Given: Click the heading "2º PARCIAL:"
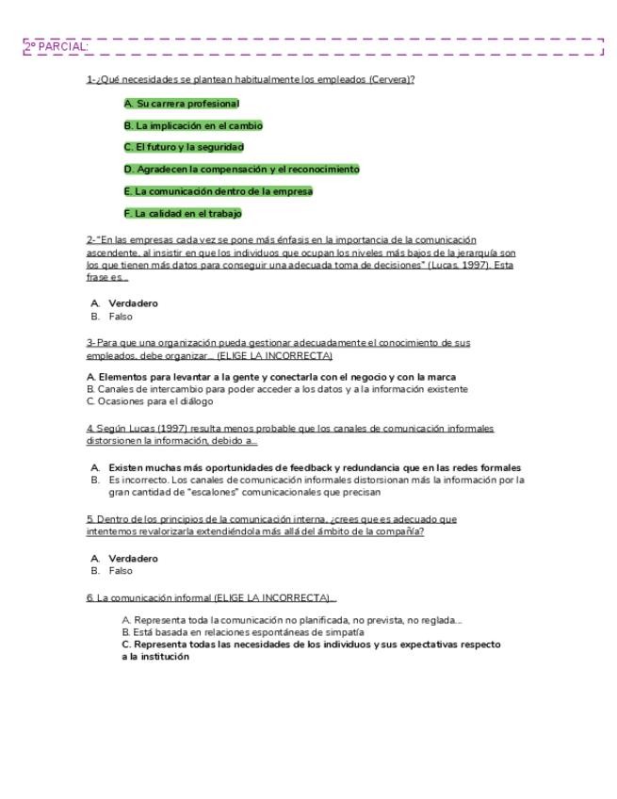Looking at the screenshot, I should tap(57, 46).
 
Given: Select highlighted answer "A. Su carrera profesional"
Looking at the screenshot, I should tap(182, 104).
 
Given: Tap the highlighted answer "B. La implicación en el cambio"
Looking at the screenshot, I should tap(193, 125).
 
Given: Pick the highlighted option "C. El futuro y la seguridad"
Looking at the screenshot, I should tap(184, 147).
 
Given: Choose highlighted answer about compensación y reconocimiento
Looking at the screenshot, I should tap(241, 170).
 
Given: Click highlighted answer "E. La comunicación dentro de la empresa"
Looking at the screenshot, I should tap(218, 191).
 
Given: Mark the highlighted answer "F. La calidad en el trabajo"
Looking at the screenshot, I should tap(183, 213).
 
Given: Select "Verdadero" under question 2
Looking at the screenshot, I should tap(133, 303).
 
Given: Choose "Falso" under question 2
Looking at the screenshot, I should tap(121, 317).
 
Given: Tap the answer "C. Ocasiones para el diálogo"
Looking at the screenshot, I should tap(150, 401).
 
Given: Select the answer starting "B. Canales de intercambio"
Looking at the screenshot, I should tap(277, 389).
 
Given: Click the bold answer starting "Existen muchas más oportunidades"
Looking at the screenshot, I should tap(314, 467).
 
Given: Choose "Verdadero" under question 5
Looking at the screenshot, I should tap(133, 558).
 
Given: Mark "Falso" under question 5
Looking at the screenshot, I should tap(121, 571).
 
